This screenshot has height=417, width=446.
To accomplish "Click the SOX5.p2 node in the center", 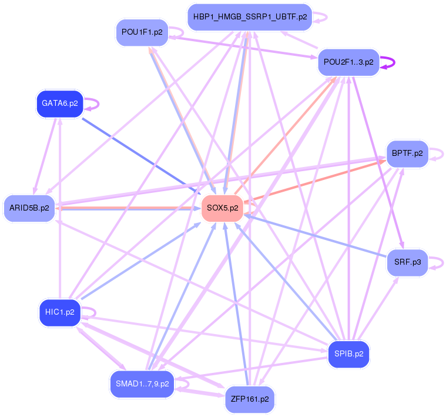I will coord(222,208).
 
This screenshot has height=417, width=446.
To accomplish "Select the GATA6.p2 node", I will coord(59,104).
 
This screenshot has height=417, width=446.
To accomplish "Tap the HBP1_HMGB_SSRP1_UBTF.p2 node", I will coord(250,17).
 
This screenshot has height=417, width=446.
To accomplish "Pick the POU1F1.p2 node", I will coord(142,32).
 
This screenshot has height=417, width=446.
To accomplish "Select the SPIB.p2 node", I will coord(348,355).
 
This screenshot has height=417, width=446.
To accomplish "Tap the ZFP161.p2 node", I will coord(250,399).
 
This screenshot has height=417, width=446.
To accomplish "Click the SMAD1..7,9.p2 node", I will coord(142,384).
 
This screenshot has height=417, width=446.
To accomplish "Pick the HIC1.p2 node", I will coord(59,312).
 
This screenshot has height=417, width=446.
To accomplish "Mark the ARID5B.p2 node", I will coord(29,208).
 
